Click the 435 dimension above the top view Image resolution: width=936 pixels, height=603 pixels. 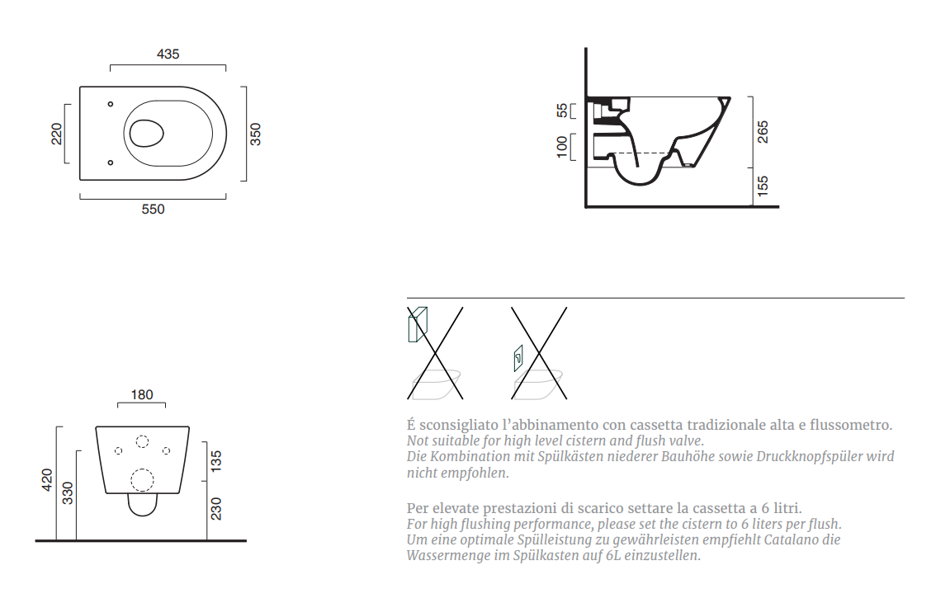point(168,54)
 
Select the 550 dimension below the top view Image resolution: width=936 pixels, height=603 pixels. point(153,209)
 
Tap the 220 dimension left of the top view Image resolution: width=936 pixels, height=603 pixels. point(56,134)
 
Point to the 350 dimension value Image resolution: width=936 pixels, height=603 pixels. point(255,134)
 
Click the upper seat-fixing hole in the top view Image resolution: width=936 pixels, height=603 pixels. point(111,105)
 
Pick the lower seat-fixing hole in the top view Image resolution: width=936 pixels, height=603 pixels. point(111,163)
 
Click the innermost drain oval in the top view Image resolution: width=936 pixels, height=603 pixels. point(146,133)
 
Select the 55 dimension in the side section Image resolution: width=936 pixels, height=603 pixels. point(562,111)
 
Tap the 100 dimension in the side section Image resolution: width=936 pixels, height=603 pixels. point(562,147)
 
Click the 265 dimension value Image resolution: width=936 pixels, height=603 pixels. point(763,132)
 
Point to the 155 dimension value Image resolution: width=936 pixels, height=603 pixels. point(763,186)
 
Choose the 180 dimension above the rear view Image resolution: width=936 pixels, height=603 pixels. point(141,394)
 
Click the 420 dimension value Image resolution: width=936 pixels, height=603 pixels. point(46,479)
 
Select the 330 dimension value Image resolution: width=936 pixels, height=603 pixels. point(68,492)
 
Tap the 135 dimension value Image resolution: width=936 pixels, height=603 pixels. point(216,461)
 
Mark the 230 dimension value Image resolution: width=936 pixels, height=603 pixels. point(216,508)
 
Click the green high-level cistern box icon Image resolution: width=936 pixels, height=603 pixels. point(418,325)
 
